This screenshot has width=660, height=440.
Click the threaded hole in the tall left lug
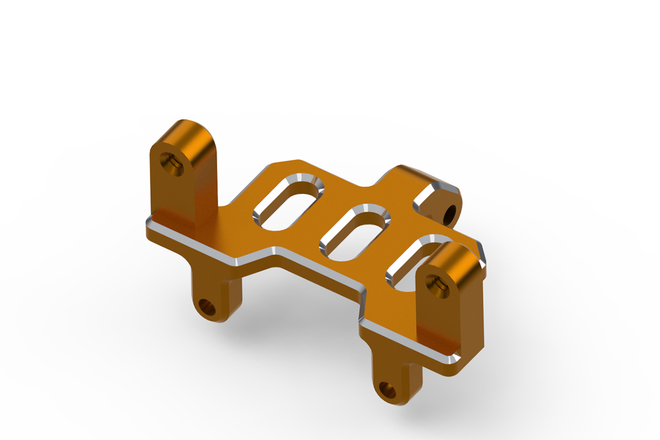(x=171, y=163)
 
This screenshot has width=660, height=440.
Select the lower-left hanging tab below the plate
(x=217, y=291)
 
